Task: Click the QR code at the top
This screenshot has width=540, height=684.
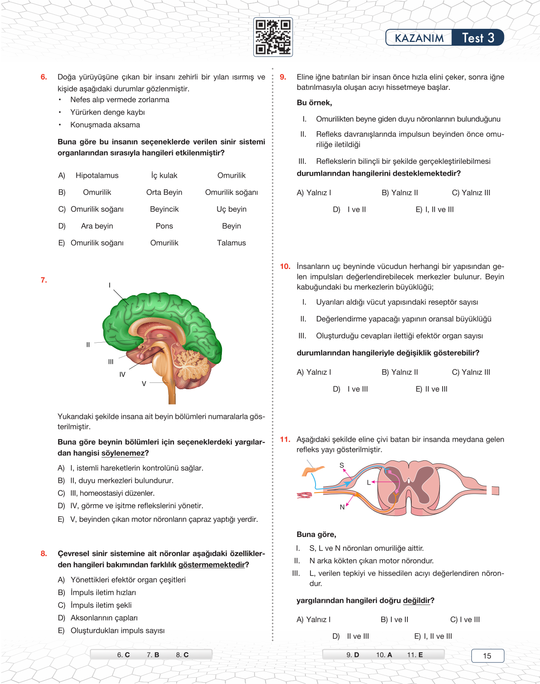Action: [273, 37]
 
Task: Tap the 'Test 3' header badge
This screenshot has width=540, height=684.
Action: [478, 38]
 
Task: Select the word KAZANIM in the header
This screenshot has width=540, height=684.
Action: [419, 38]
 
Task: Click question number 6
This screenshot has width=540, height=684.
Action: [44, 77]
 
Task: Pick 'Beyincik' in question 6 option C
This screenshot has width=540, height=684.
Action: [164, 209]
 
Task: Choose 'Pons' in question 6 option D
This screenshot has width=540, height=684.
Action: [164, 226]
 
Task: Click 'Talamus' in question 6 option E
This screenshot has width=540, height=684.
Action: [231, 243]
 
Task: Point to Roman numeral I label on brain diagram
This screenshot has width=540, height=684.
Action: [110, 285]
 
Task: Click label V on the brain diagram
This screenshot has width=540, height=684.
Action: [144, 384]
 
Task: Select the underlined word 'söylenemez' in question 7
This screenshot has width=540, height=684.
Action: [123, 453]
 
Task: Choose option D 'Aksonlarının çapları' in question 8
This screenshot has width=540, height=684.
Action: [104, 618]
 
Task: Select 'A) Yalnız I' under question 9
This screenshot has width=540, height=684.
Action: [314, 193]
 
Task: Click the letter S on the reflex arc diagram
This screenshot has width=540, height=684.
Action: [342, 465]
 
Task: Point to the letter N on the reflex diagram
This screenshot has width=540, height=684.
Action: [342, 507]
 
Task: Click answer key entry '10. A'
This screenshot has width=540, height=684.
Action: [384, 655]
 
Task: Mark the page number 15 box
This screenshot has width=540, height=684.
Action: [487, 656]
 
